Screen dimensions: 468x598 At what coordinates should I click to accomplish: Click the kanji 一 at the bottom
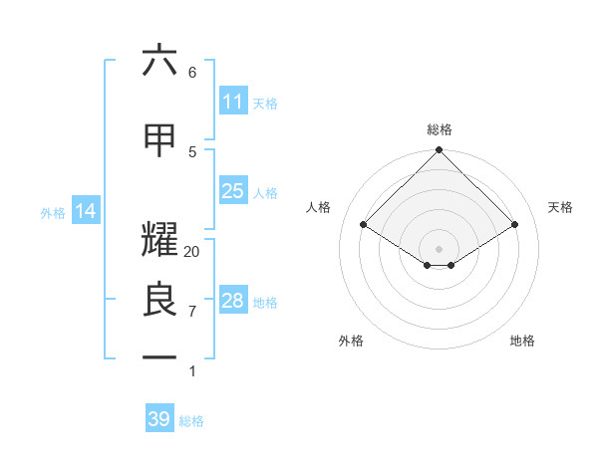point(159,356)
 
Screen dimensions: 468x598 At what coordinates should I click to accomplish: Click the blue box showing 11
point(232,102)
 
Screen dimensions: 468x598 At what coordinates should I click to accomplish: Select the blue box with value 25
point(232,191)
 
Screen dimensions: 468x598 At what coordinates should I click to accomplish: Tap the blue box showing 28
point(232,301)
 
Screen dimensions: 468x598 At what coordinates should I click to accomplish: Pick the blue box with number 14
point(85,211)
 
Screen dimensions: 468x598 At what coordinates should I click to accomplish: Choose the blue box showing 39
point(159,419)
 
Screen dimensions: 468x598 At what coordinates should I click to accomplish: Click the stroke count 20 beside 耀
point(192,252)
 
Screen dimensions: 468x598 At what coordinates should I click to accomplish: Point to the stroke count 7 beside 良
point(192,312)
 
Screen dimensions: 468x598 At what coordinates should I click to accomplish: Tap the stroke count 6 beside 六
point(192,72)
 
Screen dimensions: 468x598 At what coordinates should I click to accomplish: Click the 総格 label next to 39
point(191,421)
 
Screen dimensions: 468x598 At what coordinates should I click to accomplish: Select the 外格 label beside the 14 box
point(53,212)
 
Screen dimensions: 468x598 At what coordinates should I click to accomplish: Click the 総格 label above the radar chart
point(440,129)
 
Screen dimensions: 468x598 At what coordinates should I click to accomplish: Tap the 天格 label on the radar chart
point(560,207)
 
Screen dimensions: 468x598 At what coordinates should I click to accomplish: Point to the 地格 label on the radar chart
point(522,341)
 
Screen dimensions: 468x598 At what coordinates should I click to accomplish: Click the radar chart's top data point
point(439,151)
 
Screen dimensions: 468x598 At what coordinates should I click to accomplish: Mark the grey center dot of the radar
point(439,247)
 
